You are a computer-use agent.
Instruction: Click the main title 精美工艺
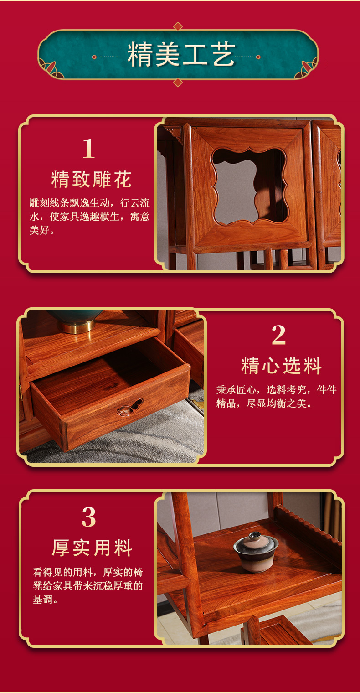click(x=181, y=56)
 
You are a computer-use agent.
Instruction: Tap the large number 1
click(x=88, y=149)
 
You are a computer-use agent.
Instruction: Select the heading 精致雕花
click(x=92, y=179)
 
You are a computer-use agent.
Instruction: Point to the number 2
click(x=278, y=335)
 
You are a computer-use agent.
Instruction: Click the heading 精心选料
click(x=282, y=366)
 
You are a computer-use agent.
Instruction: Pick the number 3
click(x=89, y=517)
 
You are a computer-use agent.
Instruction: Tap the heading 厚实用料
click(x=92, y=548)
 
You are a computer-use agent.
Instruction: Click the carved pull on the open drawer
click(x=130, y=407)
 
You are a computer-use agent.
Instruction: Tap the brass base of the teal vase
click(x=79, y=326)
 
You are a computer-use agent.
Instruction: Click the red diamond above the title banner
click(x=178, y=26)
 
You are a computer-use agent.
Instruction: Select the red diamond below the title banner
click(x=178, y=82)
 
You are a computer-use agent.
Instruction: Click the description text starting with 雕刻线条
click(x=89, y=217)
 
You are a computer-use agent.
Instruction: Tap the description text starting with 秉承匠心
click(x=276, y=396)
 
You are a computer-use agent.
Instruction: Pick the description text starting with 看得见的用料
click(x=87, y=585)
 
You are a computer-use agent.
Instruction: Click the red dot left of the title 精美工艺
click(x=94, y=57)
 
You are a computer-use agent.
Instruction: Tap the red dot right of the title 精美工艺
click(x=258, y=57)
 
